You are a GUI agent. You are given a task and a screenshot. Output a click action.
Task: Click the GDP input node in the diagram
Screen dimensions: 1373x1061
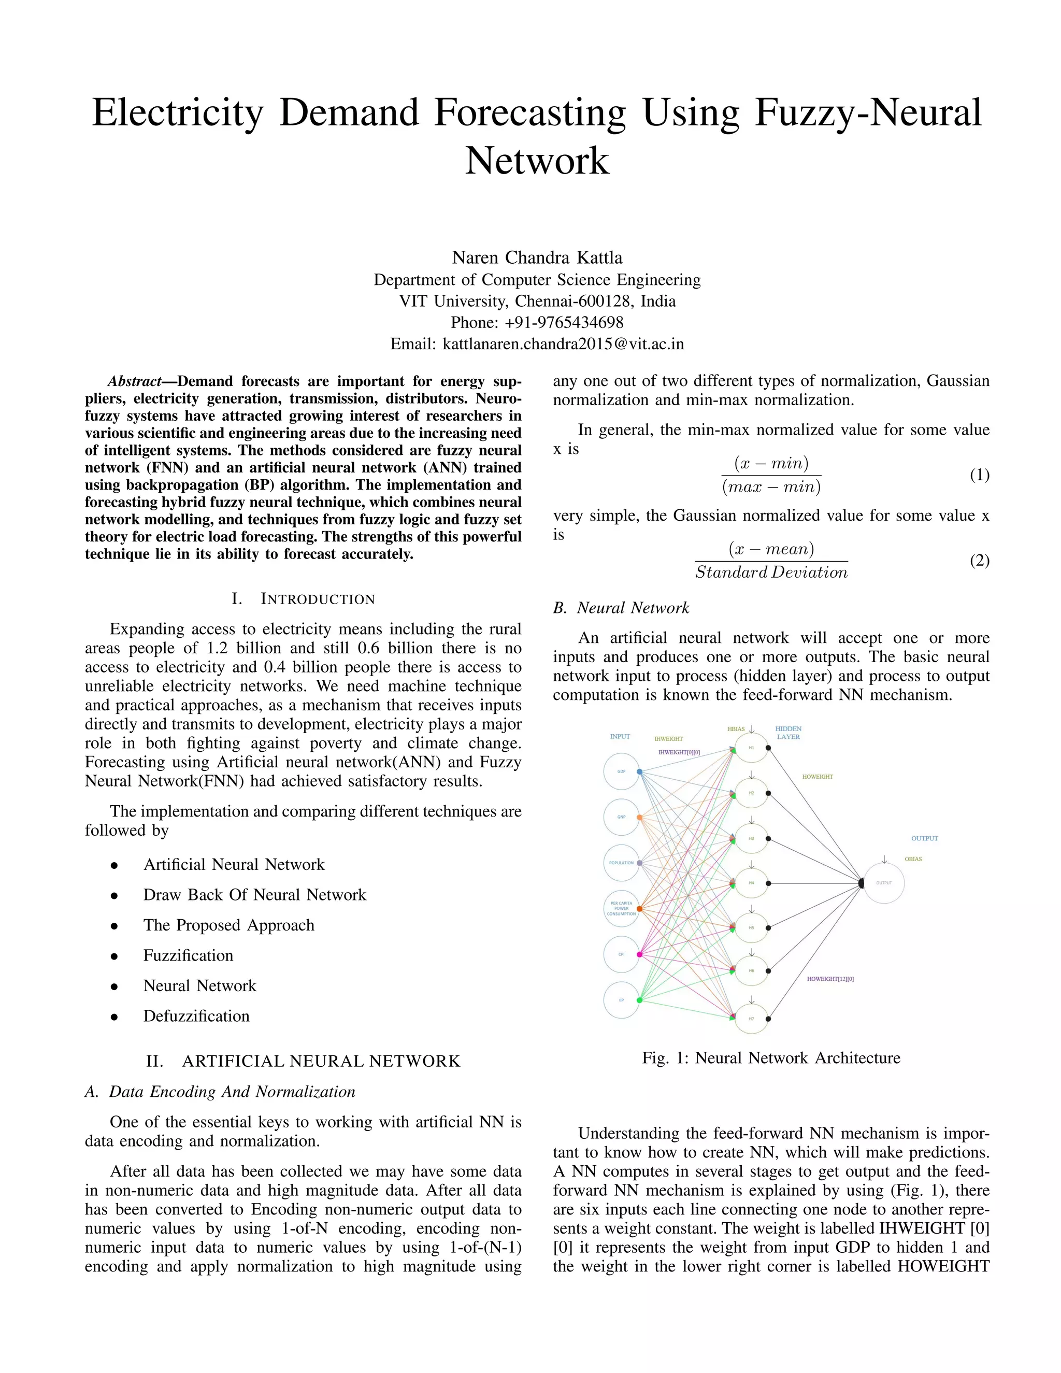pos(621,771)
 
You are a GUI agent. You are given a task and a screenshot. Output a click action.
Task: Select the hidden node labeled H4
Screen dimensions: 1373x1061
pos(751,883)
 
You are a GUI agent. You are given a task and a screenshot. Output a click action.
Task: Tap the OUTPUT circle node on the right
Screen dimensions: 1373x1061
pos(884,883)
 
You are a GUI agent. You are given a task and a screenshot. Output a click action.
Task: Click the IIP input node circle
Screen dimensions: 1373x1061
pos(621,999)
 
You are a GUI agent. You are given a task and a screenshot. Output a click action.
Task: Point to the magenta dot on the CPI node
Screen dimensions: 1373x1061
pos(639,954)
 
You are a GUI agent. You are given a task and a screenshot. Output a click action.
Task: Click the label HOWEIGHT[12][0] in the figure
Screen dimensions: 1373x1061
pos(830,979)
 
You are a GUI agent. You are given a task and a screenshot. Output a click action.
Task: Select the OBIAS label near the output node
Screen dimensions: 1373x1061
pos(913,859)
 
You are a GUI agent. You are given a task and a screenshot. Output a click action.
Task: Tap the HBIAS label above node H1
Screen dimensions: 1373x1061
pos(736,730)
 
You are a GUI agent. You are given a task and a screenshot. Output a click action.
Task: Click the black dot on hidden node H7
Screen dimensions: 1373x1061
pos(769,1019)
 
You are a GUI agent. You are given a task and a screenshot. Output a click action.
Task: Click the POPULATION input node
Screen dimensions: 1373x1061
pos(621,863)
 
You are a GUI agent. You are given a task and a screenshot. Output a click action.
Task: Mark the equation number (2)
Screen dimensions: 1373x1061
pos(979,560)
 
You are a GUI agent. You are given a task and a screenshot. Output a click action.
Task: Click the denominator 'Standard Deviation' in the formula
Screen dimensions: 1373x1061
pos(771,572)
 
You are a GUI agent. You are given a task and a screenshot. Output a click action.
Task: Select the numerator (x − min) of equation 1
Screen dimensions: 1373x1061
pos(771,463)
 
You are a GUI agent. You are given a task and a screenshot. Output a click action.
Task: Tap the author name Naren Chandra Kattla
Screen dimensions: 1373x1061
pos(537,258)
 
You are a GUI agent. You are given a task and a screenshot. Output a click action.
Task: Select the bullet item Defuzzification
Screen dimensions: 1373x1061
pos(196,1016)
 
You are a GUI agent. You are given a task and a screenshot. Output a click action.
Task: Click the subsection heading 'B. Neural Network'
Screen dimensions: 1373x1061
pos(621,608)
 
